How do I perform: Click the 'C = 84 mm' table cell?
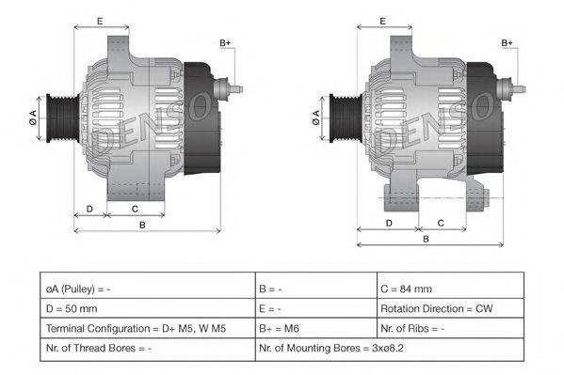[x=450, y=289]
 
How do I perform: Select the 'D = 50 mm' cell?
[x=148, y=308]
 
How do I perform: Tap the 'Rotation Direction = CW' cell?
[x=450, y=308]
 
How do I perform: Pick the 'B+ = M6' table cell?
[x=316, y=328]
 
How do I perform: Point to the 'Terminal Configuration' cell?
[x=148, y=328]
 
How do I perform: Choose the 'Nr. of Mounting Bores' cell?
[x=390, y=349]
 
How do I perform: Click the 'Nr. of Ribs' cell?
[x=450, y=328]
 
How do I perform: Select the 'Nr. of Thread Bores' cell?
[x=148, y=349]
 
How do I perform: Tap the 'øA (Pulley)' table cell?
[x=148, y=289]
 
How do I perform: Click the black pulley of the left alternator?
[x=63, y=118]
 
